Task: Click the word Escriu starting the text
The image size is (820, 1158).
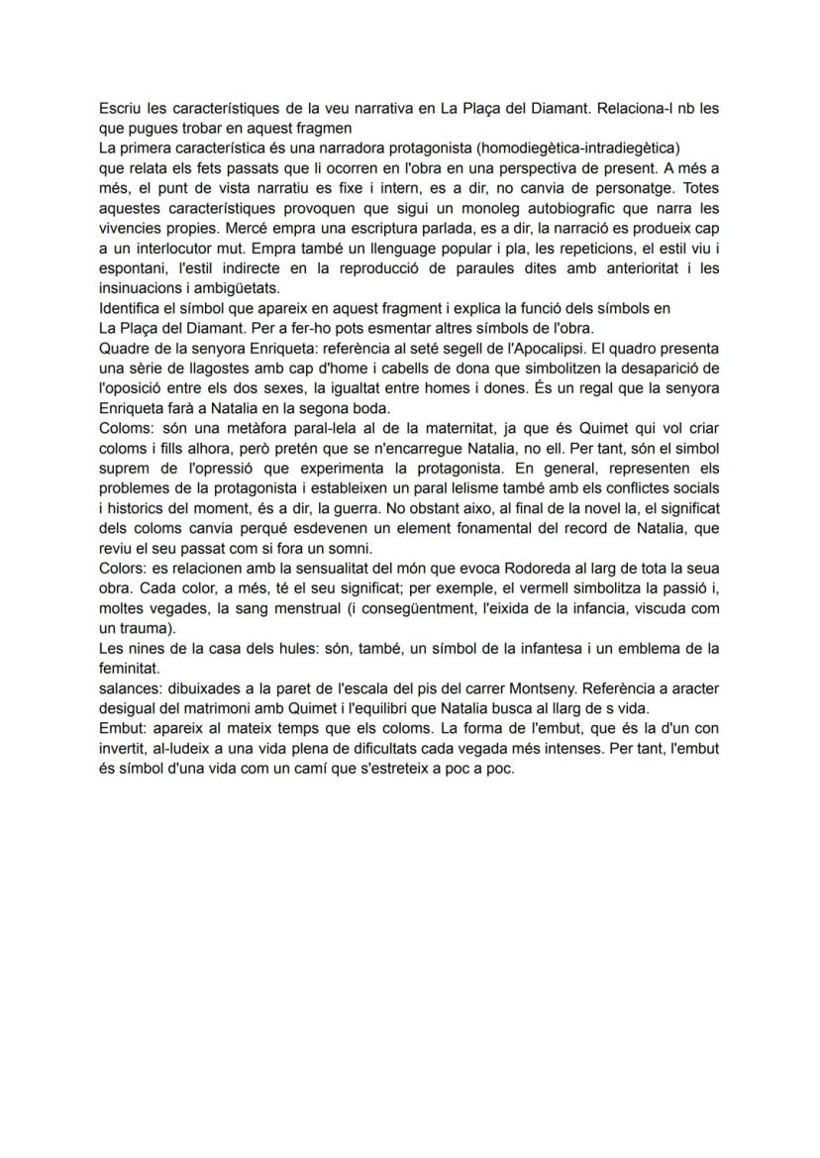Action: pyautogui.click(x=119, y=107)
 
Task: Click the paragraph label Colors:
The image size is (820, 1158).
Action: pyautogui.click(x=124, y=567)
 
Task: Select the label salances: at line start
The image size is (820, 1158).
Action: pyautogui.click(x=132, y=688)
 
